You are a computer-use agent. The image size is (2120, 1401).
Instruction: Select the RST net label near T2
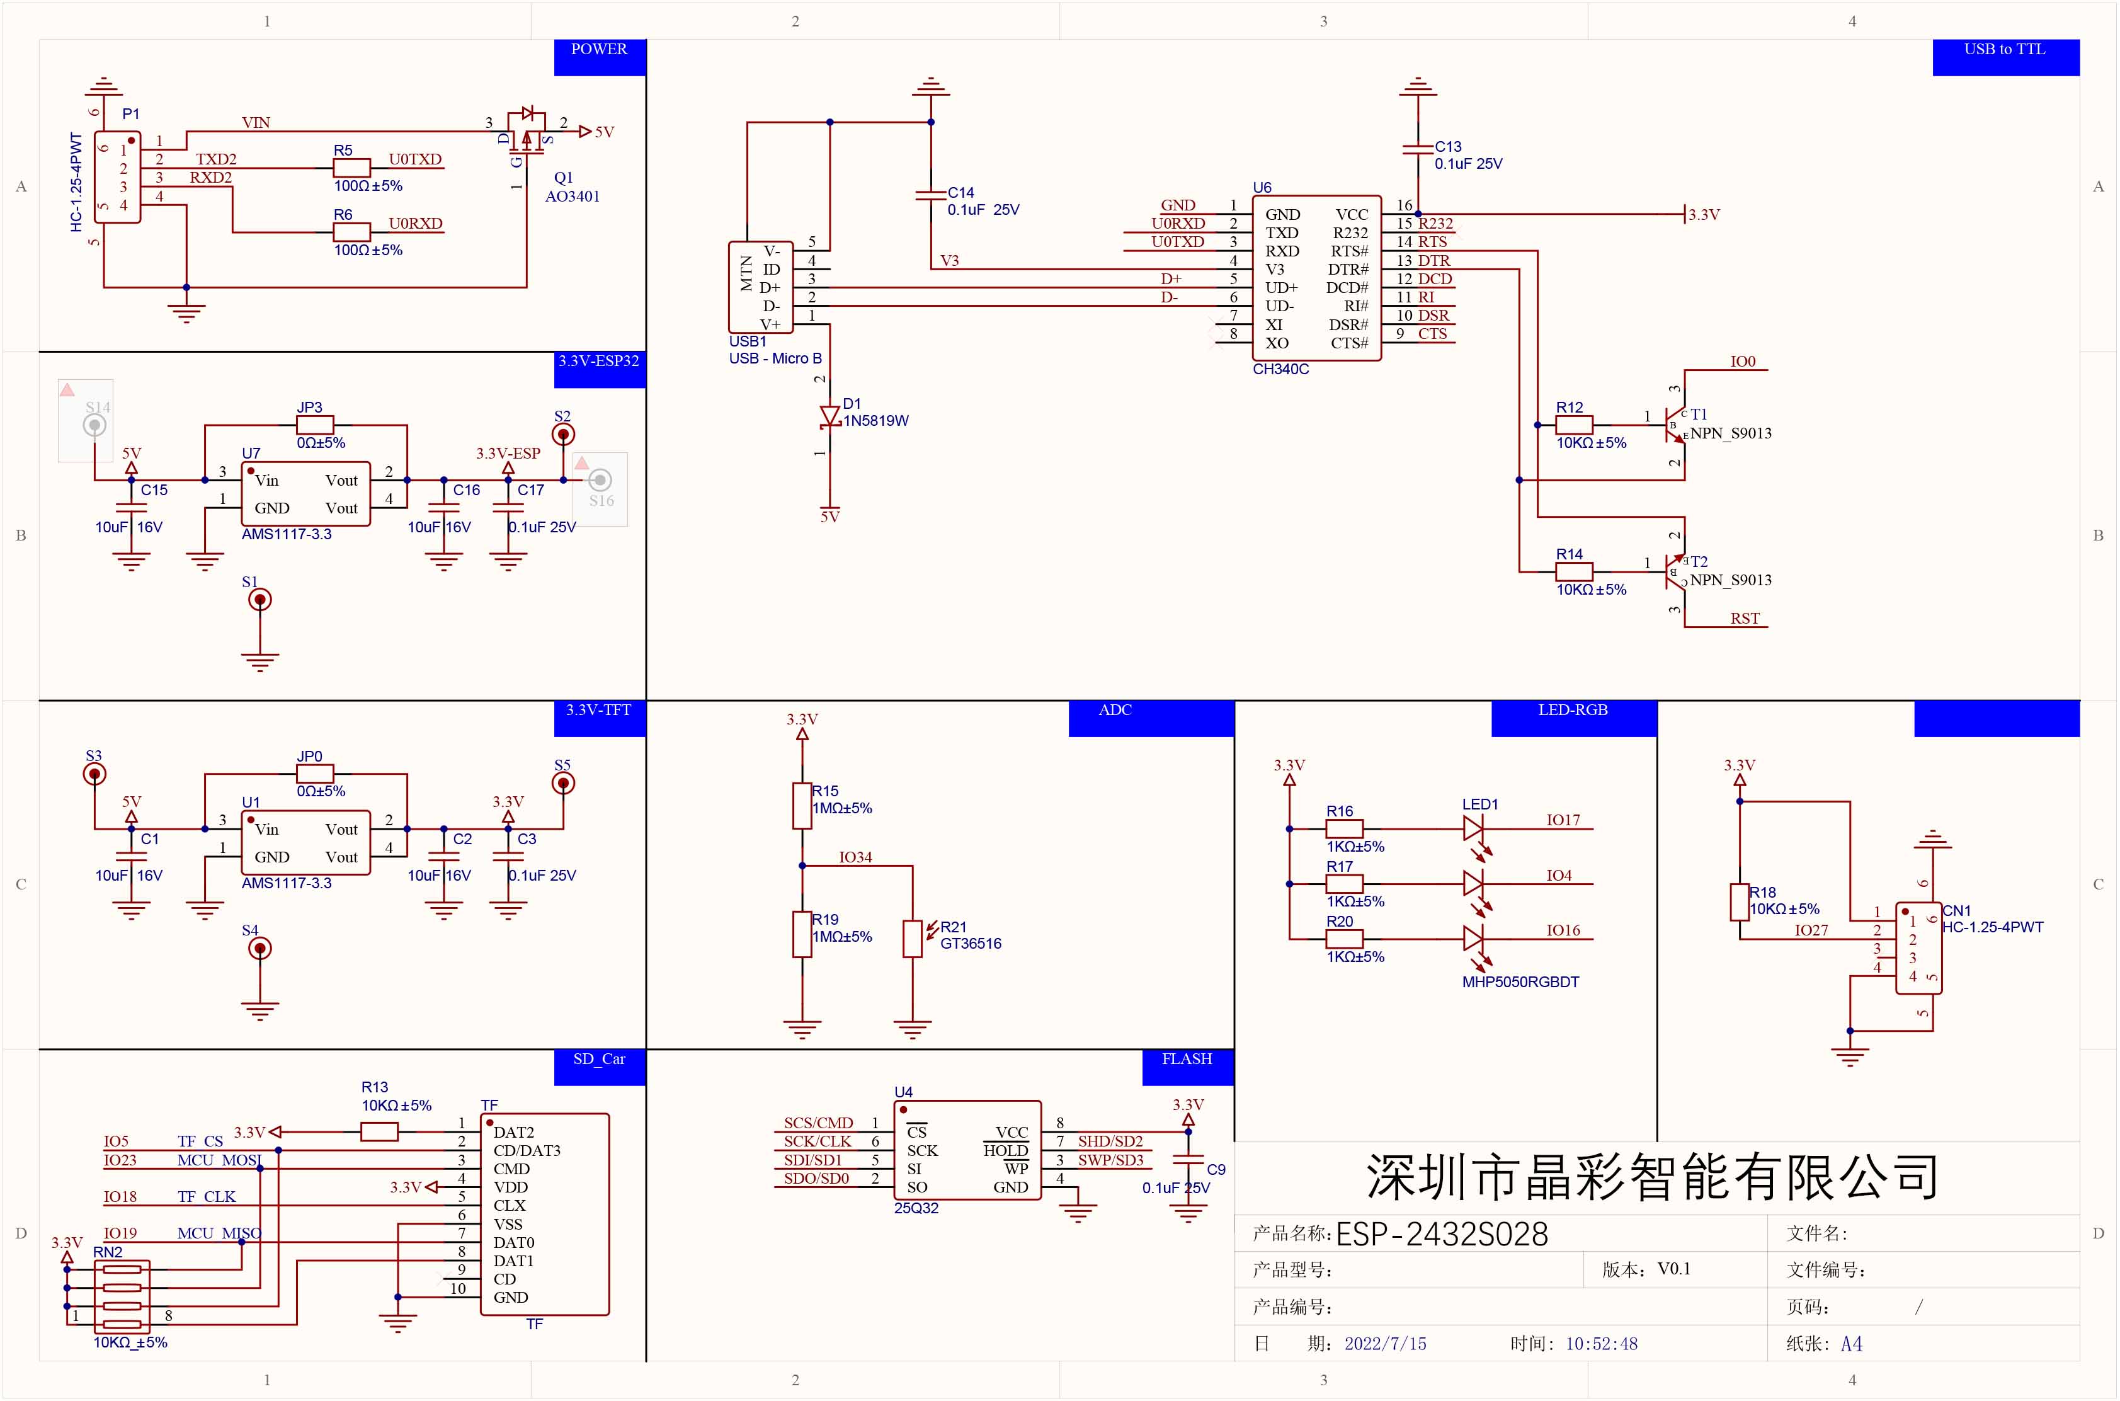pyautogui.click(x=1744, y=619)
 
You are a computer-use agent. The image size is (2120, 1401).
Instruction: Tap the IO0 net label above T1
pyautogui.click(x=1742, y=361)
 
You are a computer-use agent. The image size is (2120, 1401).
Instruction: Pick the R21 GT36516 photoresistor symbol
pyautogui.click(x=912, y=938)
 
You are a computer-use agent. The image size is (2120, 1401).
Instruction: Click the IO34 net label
pyautogui.click(x=855, y=857)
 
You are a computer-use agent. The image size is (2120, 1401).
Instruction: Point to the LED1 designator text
pyautogui.click(x=1479, y=804)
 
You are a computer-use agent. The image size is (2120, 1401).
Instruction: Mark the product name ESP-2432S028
pyautogui.click(x=1441, y=1234)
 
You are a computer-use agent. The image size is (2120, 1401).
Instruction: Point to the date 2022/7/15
pyautogui.click(x=1385, y=1344)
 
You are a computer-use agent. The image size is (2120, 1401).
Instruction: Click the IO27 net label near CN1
pyautogui.click(x=1811, y=930)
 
